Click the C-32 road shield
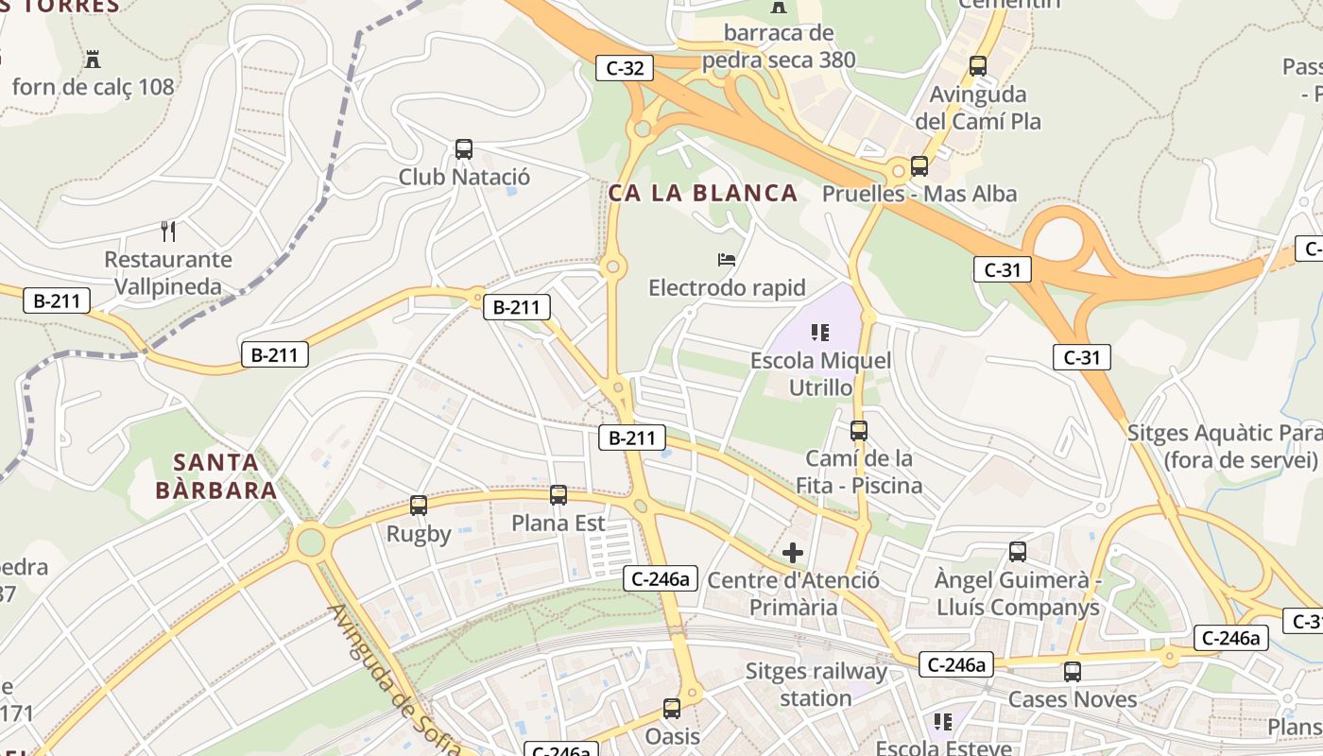click(x=625, y=68)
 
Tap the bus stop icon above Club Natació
click(x=463, y=149)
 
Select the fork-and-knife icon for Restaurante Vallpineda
click(x=168, y=231)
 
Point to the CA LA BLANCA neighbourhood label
click(x=703, y=194)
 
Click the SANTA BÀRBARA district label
click(x=216, y=476)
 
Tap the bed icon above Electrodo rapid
click(x=726, y=259)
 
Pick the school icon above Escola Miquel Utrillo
click(x=820, y=333)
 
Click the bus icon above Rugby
click(x=419, y=506)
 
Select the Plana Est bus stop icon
click(x=558, y=495)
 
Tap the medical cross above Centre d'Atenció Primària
click(x=793, y=552)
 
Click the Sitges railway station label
click(x=816, y=685)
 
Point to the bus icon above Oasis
click(x=672, y=708)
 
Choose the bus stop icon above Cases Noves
click(x=1073, y=672)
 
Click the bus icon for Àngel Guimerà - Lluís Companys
click(x=1018, y=552)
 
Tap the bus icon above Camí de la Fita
click(x=859, y=431)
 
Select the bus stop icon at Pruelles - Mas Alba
click(x=919, y=166)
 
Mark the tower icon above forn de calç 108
click(x=93, y=59)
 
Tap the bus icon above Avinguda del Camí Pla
click(x=978, y=66)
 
